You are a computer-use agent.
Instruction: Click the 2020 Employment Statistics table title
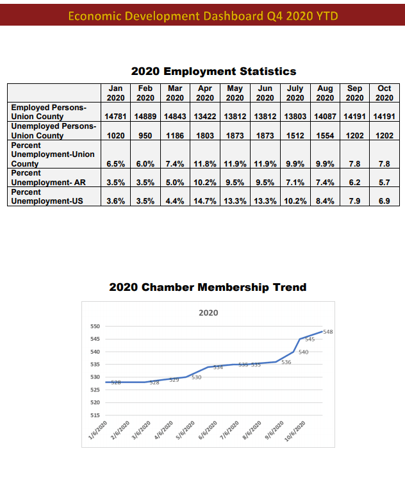coord(213,71)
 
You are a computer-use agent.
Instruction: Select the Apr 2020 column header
coord(205,93)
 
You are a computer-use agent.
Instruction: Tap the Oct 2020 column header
coord(384,93)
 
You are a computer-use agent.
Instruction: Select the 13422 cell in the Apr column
coord(205,117)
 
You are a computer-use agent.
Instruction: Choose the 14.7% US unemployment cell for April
coord(205,201)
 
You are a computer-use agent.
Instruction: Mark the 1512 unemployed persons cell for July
coord(295,136)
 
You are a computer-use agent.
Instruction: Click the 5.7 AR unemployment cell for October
coord(384,183)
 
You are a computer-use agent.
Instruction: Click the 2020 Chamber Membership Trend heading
coord(208,287)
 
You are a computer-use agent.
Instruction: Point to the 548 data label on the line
coord(328,332)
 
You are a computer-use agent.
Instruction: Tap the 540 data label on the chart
coord(304,352)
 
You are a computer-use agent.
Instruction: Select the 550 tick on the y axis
coord(94,327)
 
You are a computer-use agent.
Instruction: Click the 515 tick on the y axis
coord(94,416)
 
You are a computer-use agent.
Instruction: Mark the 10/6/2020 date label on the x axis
coord(295,435)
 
